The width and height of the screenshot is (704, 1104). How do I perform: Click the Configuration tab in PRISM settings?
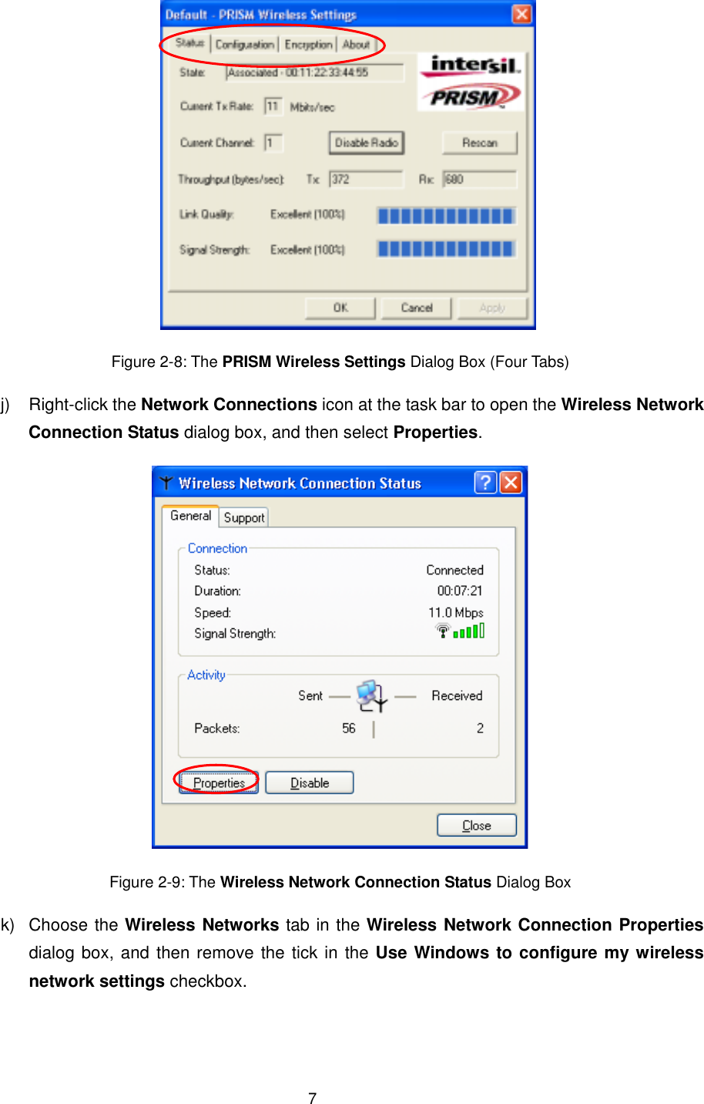[x=244, y=45]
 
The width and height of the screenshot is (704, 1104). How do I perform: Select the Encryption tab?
[x=308, y=45]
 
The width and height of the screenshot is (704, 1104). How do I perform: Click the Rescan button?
[x=479, y=143]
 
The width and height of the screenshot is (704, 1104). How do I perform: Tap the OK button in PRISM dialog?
[x=340, y=308]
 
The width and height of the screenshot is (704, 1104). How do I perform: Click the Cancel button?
[x=416, y=308]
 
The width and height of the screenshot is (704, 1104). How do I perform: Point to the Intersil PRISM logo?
[x=471, y=82]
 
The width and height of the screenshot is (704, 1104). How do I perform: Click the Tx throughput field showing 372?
[x=366, y=180]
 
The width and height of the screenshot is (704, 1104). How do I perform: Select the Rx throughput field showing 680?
[x=479, y=180]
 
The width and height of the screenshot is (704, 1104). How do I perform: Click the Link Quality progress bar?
[x=446, y=215]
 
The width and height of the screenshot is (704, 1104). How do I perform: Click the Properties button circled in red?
[x=219, y=783]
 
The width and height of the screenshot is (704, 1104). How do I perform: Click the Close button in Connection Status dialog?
[x=476, y=826]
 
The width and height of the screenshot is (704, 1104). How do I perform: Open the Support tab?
[x=244, y=518]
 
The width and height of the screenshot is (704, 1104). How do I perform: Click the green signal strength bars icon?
[x=468, y=631]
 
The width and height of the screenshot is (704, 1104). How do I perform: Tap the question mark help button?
[x=485, y=483]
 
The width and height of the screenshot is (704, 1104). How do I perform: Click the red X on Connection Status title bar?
[x=511, y=483]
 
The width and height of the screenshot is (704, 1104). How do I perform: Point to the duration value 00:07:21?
[x=460, y=591]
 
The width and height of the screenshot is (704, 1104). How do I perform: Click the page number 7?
[x=312, y=1099]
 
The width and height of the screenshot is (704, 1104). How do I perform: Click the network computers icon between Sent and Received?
[x=372, y=695]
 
